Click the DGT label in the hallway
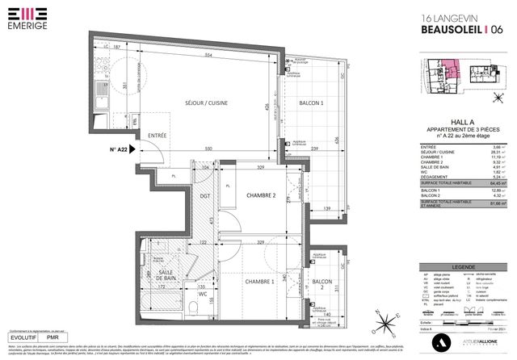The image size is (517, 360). tap(204, 195)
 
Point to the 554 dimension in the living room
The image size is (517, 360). tap(208, 54)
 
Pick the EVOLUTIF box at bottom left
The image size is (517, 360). tap(23, 337)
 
